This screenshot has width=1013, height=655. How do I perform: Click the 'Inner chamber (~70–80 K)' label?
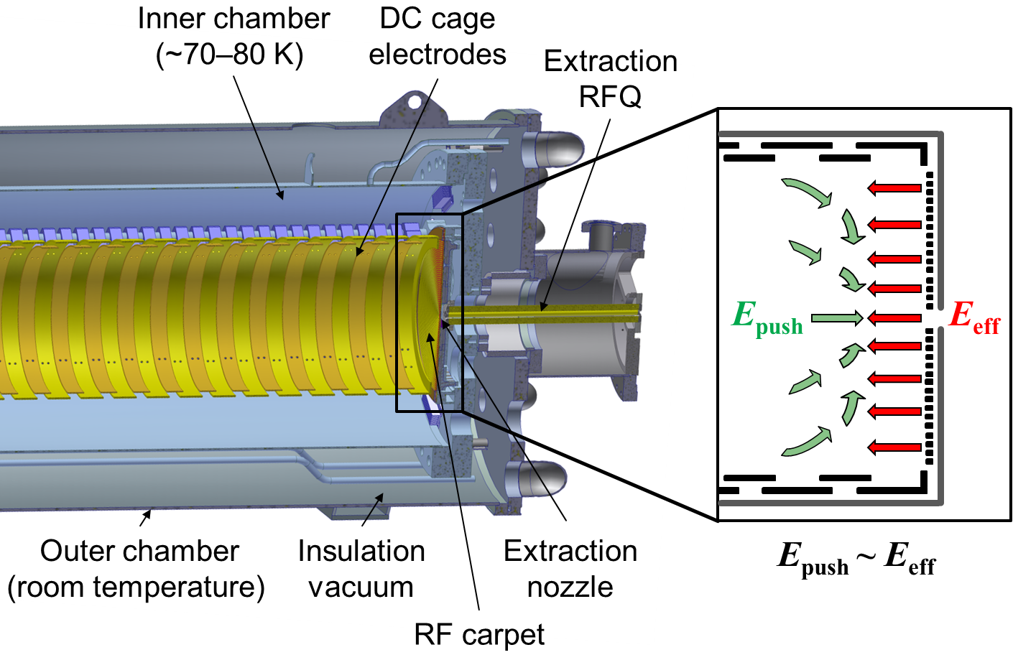[233, 37]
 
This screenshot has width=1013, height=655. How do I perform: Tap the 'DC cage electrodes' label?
[437, 37]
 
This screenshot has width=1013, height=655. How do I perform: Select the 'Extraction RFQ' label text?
[610, 78]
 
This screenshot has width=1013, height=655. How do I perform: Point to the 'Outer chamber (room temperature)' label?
[137, 569]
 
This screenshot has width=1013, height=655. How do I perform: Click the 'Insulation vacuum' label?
[361, 569]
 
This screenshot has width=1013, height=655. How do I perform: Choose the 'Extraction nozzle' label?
[570, 569]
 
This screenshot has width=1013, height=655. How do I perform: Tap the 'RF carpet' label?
[479, 634]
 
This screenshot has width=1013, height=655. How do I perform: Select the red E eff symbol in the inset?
[973, 317]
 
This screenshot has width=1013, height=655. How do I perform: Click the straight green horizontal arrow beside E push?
[836, 317]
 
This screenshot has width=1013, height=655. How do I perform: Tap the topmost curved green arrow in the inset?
[807, 192]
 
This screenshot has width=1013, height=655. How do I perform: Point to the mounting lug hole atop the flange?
[415, 102]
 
